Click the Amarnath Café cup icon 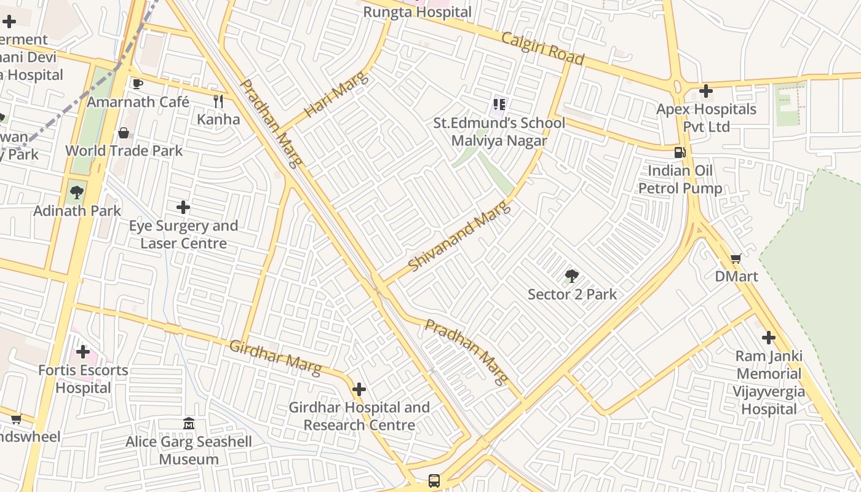point(137,84)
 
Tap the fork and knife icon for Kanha point(218,101)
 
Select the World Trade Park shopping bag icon point(124,133)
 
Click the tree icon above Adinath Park point(77,192)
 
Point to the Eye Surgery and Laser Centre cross point(183,207)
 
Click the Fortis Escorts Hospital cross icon point(83,352)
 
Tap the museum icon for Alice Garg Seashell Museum point(189,424)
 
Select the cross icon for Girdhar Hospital point(359,389)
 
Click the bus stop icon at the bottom point(434,480)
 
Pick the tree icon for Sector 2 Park point(572,276)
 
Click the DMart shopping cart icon point(736,258)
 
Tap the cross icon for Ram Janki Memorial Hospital point(768,338)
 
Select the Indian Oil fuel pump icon point(680,153)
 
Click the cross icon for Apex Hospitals point(705,91)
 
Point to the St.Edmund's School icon point(499,105)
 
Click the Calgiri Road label point(542,48)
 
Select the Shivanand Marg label point(459,236)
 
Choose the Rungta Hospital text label point(418,12)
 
